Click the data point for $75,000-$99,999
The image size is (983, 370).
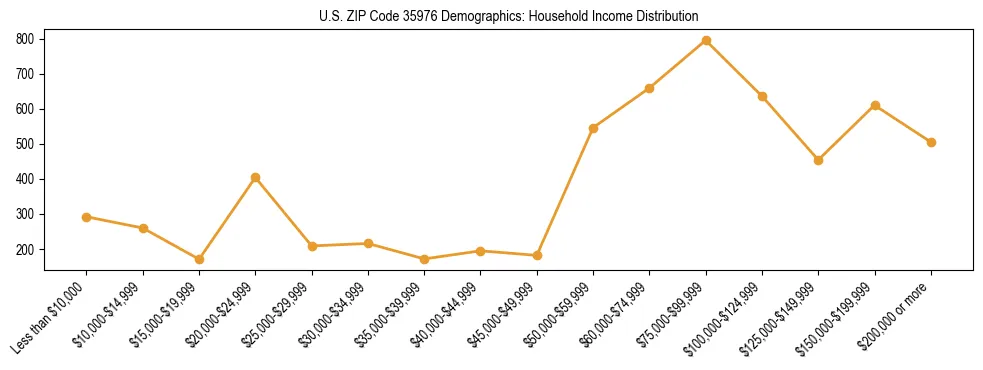click(x=706, y=41)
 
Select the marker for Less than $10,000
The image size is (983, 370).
click(x=87, y=217)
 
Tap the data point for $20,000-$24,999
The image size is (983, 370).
click(x=256, y=178)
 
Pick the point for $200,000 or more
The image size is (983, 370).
click(x=931, y=142)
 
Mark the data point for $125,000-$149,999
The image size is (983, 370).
click(x=819, y=160)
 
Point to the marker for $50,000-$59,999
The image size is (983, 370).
click(x=594, y=128)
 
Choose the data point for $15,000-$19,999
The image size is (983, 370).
click(x=200, y=259)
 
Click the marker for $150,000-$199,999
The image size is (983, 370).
click(x=875, y=105)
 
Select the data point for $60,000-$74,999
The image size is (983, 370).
click(x=650, y=88)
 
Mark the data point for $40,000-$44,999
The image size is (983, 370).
click(x=481, y=251)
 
